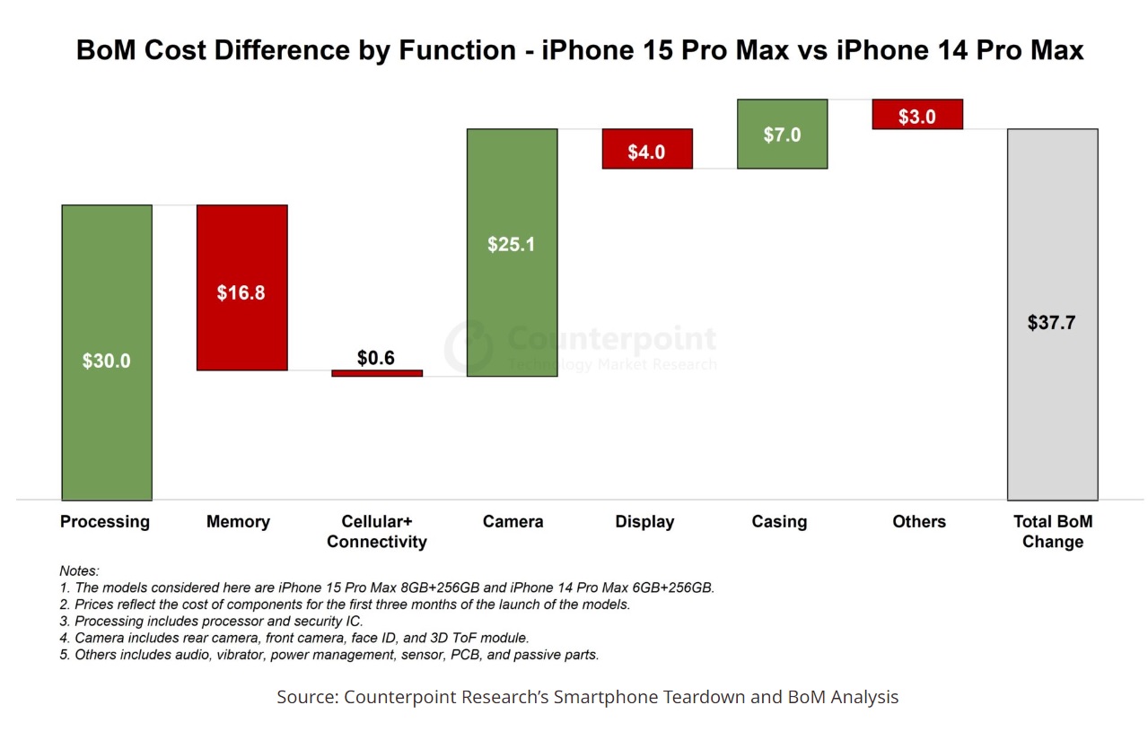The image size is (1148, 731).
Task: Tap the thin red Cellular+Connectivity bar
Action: pos(377,373)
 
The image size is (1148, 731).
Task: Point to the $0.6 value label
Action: pos(376,358)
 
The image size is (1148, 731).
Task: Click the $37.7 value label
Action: pos(1051,323)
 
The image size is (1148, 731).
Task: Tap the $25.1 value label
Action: pos(512,244)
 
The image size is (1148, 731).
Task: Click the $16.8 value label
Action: pos(241,292)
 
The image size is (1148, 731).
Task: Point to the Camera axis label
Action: pos(513,521)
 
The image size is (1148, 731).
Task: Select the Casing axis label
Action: pos(779,521)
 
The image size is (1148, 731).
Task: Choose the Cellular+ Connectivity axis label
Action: pos(377,531)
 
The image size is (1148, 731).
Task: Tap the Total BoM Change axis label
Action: pos(1053,531)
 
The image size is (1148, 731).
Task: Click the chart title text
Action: pos(580,50)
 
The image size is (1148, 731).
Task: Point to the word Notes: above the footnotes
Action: pos(79,570)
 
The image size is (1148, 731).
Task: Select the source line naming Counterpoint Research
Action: pos(587,697)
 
